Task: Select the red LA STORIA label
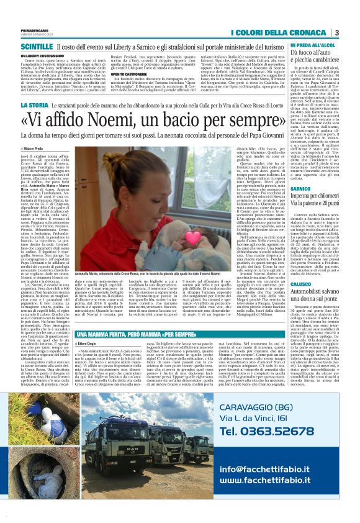point(32,106)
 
